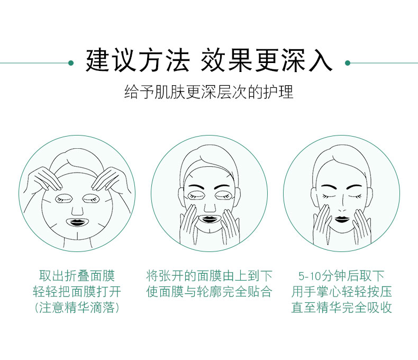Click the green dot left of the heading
point(71,63)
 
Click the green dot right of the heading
point(347,63)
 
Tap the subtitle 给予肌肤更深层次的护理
point(208,92)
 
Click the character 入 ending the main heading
point(321,60)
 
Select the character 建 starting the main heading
point(97,60)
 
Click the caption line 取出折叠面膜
point(77,275)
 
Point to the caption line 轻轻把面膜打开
point(77,291)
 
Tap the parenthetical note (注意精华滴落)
point(77,307)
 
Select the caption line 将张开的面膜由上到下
point(209,275)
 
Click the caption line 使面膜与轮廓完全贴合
point(209,291)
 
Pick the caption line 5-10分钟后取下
point(341,275)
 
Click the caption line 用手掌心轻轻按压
point(341,291)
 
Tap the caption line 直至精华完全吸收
point(341,307)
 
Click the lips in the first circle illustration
point(77,222)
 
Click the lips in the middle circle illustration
point(209,219)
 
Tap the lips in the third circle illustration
point(342,219)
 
